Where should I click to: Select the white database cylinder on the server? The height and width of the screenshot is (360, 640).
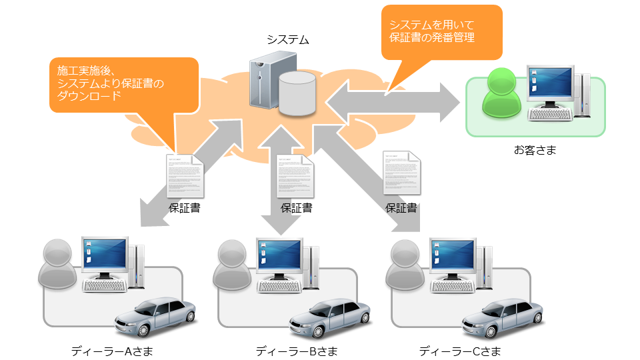[x=297, y=94]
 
